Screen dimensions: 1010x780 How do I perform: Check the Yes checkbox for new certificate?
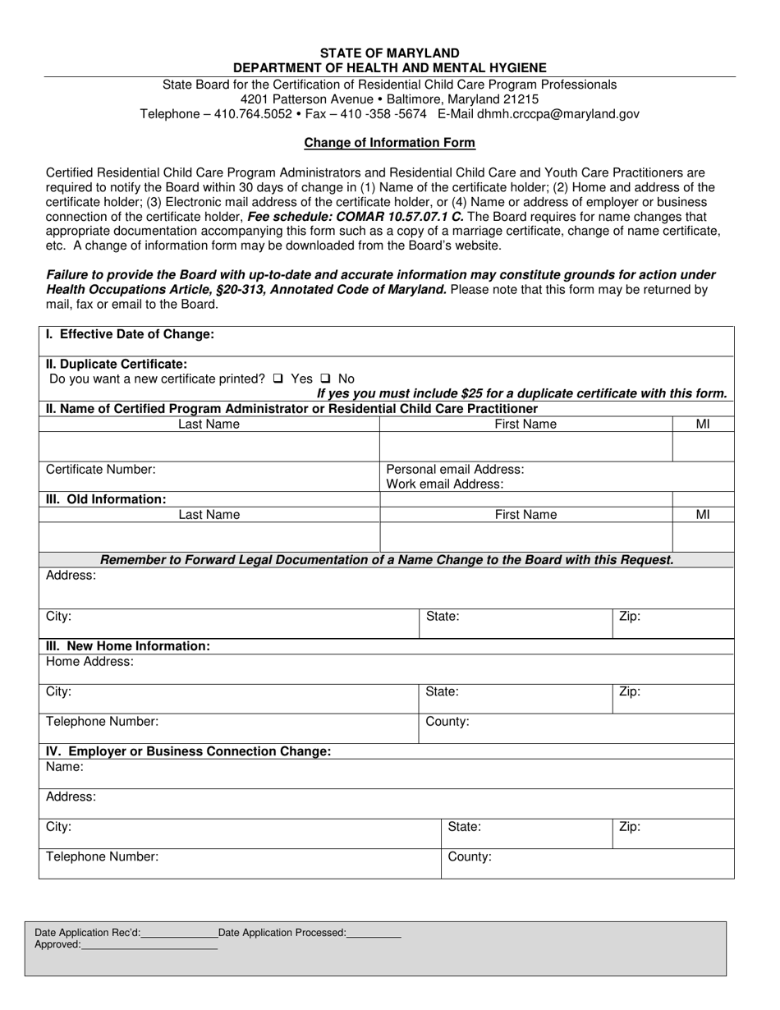(x=278, y=379)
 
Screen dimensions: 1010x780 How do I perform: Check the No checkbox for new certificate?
(x=325, y=379)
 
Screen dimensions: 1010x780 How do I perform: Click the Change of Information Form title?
(x=389, y=143)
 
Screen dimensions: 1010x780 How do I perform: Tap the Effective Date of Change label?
(x=130, y=334)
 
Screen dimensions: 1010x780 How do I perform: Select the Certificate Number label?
(x=100, y=470)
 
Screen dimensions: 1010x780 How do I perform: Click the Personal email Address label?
(x=455, y=470)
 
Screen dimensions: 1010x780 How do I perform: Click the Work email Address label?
(x=444, y=484)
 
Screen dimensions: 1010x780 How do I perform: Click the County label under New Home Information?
(x=447, y=722)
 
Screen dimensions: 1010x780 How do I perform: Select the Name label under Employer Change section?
(x=65, y=767)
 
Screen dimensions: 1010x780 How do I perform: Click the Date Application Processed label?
(x=282, y=932)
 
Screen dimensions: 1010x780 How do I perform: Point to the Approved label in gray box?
(x=57, y=944)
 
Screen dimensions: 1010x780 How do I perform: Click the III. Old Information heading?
(x=106, y=499)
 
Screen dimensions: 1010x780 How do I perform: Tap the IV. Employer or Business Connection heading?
(x=188, y=751)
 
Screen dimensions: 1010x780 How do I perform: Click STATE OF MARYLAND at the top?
(x=389, y=53)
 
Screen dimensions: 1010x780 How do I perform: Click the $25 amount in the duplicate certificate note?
(x=473, y=393)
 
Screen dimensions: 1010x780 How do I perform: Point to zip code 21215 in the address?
(x=521, y=99)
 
